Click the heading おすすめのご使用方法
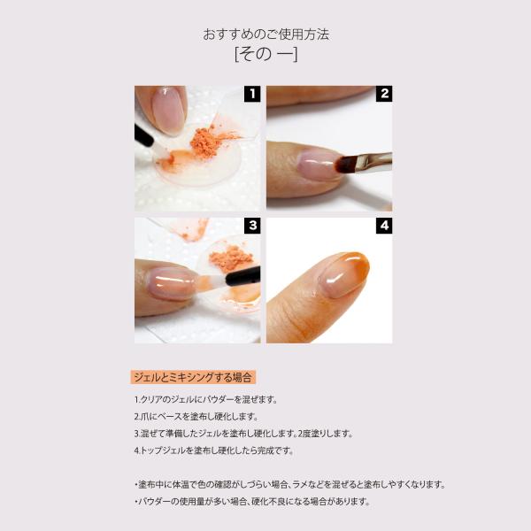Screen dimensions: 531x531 click(x=265, y=35)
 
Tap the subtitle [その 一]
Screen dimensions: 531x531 click(x=266, y=54)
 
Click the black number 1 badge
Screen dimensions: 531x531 click(x=252, y=94)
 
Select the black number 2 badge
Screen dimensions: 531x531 click(x=384, y=94)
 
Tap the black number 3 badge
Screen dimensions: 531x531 click(x=252, y=226)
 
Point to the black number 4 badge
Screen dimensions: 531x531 click(x=384, y=226)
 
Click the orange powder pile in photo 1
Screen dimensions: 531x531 click(x=206, y=142)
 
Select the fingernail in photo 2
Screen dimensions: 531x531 click(x=318, y=165)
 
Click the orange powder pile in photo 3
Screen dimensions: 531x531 click(x=231, y=258)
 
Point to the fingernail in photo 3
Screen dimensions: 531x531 click(x=172, y=283)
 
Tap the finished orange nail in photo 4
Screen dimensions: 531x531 click(x=343, y=274)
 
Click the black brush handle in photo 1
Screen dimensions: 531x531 click(x=143, y=135)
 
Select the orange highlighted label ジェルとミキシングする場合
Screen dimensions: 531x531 click(x=193, y=377)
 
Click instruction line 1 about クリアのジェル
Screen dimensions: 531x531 click(x=205, y=400)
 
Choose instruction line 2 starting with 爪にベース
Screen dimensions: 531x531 click(x=196, y=417)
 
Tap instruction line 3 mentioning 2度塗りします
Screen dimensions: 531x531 click(x=243, y=434)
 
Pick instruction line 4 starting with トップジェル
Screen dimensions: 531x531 click(x=213, y=450)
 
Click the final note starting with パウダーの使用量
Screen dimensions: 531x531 click(x=252, y=501)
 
